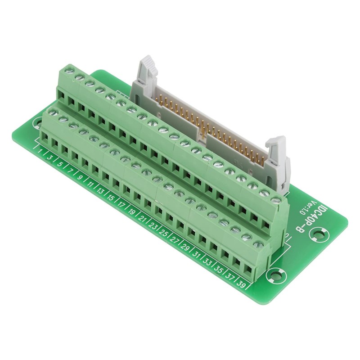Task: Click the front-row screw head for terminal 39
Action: (x=258, y=244)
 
